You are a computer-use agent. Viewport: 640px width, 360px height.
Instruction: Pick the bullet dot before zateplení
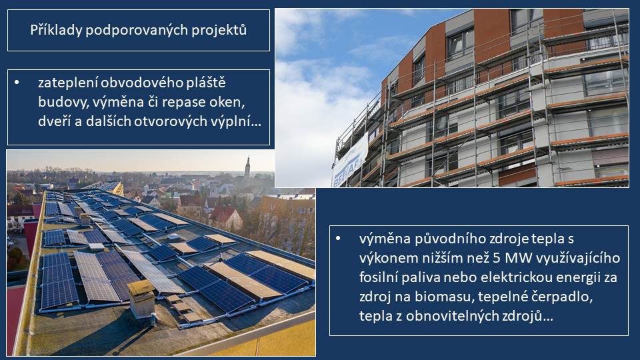click(17, 83)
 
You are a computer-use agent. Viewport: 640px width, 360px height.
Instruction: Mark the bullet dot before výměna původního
click(338, 238)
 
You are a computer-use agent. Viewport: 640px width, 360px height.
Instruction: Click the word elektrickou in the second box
click(515, 277)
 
